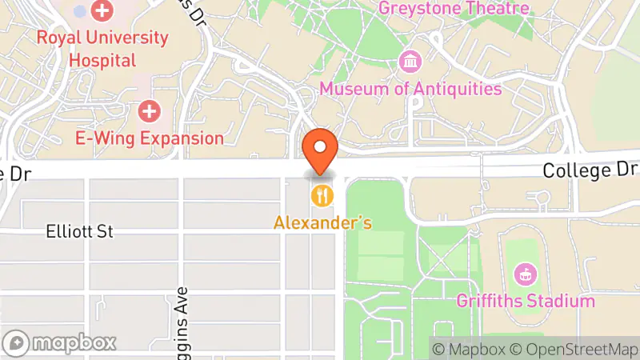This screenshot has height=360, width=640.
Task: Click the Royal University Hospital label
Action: [x=102, y=48]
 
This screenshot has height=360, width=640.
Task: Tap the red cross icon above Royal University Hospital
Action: [x=102, y=11]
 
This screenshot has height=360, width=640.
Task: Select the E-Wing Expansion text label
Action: [x=150, y=138]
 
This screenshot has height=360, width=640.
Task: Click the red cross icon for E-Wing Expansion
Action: [x=150, y=110]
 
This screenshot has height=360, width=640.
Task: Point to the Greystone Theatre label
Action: [x=454, y=9]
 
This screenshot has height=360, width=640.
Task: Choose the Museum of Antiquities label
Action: [x=410, y=88]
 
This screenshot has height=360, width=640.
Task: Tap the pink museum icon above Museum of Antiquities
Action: [x=410, y=62]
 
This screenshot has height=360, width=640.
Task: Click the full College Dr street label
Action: [x=590, y=170]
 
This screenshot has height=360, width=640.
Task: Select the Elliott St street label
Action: [x=80, y=232]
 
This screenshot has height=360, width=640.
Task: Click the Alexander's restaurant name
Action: [x=322, y=222]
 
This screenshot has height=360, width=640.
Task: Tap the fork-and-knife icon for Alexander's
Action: [x=322, y=194]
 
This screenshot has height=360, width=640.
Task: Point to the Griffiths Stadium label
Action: [x=526, y=301]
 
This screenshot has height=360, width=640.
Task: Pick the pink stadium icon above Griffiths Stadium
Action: [x=526, y=274]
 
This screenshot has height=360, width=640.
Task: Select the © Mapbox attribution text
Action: [x=469, y=349]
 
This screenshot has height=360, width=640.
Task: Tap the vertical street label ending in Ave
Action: [x=182, y=316]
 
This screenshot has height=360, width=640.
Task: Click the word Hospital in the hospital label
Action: [x=102, y=59]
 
